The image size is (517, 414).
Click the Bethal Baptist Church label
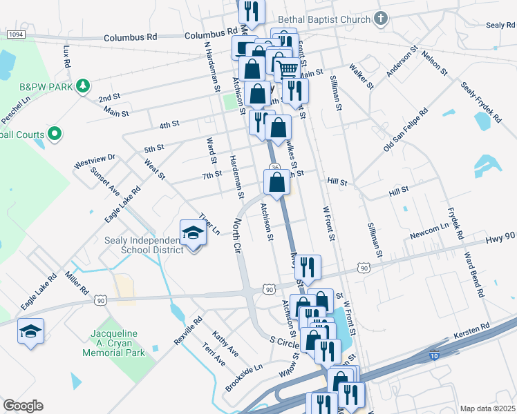click(324, 19)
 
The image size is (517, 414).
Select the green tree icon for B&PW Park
click(83, 86)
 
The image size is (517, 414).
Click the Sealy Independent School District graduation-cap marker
click(194, 233)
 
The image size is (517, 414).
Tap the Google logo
click(23, 406)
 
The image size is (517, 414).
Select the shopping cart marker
click(288, 68)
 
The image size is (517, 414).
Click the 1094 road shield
click(15, 34)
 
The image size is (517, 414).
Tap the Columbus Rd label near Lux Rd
click(131, 37)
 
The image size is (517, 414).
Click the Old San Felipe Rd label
click(406, 130)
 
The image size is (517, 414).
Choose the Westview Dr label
click(95, 161)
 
